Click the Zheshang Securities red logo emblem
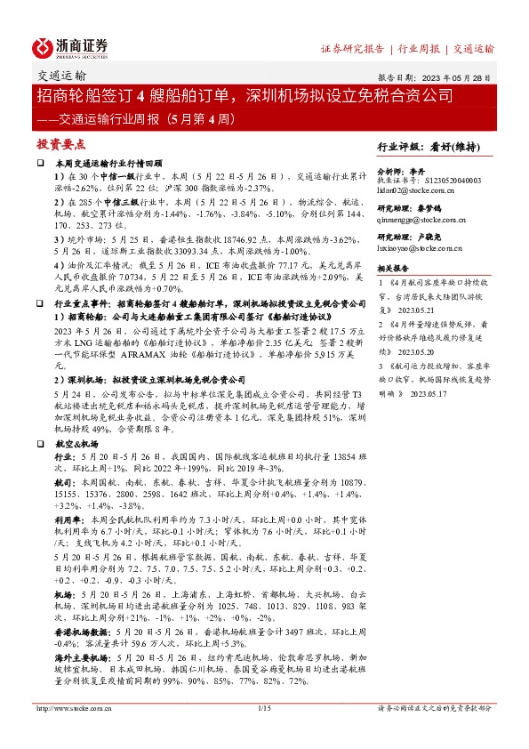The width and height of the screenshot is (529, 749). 44,46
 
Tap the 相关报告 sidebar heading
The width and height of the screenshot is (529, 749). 393,267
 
